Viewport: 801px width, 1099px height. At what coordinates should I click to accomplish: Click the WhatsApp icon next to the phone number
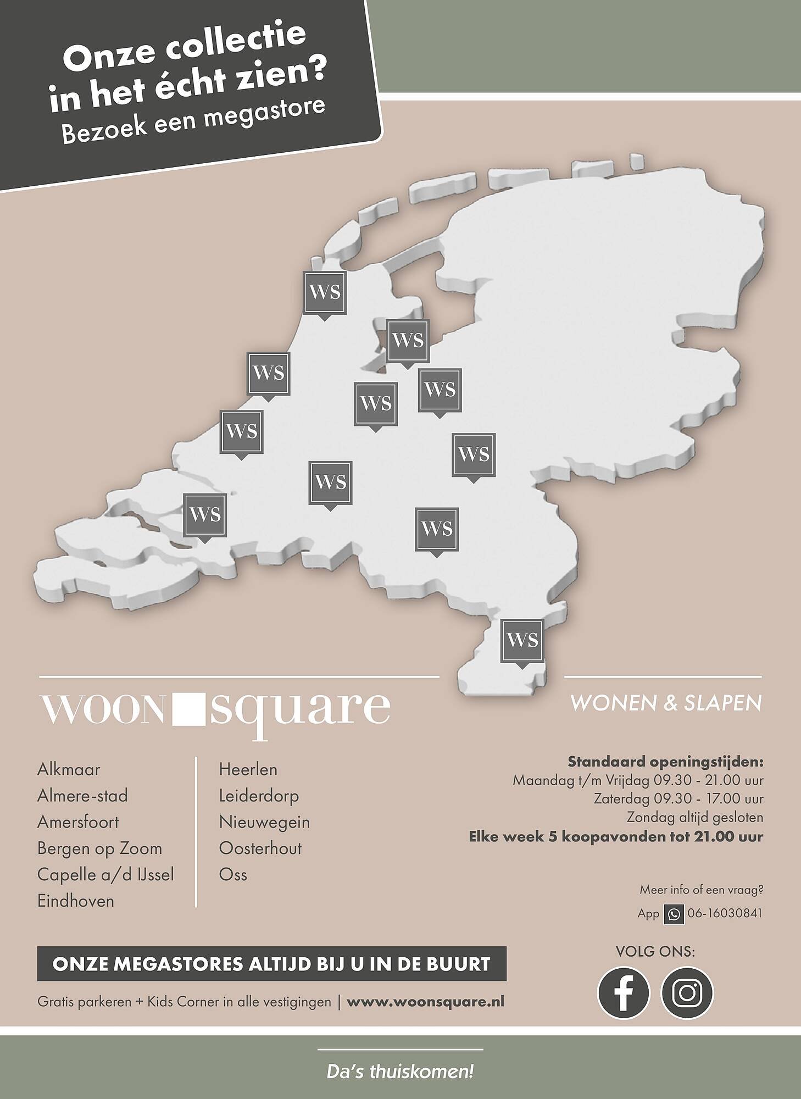(x=674, y=914)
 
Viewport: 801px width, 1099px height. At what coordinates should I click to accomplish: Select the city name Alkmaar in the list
(x=69, y=769)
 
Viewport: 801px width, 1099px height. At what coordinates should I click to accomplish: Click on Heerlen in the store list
(x=248, y=769)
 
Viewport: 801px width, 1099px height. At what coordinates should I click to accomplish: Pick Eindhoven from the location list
(x=76, y=901)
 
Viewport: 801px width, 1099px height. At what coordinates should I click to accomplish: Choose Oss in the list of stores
(x=233, y=875)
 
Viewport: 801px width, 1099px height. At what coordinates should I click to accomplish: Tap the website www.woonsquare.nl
(x=425, y=1001)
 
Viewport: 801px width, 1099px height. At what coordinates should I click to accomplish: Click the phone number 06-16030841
(x=725, y=914)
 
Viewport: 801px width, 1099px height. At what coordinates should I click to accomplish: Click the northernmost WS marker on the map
(x=325, y=292)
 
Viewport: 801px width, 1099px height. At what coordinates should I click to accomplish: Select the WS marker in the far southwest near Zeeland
(x=205, y=515)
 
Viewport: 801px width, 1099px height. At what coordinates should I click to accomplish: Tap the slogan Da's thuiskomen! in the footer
(x=400, y=1072)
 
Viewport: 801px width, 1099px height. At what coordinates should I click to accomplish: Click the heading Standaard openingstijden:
(x=665, y=762)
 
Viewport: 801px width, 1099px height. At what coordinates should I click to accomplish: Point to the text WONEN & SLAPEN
(x=666, y=703)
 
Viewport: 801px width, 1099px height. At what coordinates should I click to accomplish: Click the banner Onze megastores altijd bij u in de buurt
(x=271, y=964)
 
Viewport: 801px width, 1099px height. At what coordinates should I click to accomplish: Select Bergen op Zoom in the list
(x=100, y=848)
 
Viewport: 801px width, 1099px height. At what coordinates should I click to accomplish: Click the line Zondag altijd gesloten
(x=695, y=818)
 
